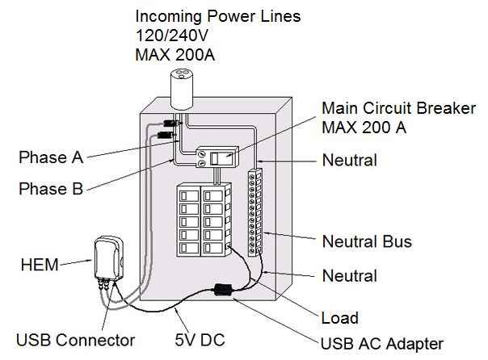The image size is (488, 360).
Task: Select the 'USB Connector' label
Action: (x=74, y=340)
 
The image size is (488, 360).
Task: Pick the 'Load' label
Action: (x=339, y=318)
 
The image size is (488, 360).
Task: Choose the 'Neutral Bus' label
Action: (x=368, y=241)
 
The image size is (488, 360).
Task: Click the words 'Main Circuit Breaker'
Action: (x=398, y=108)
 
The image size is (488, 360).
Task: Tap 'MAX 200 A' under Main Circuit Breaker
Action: (x=364, y=128)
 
